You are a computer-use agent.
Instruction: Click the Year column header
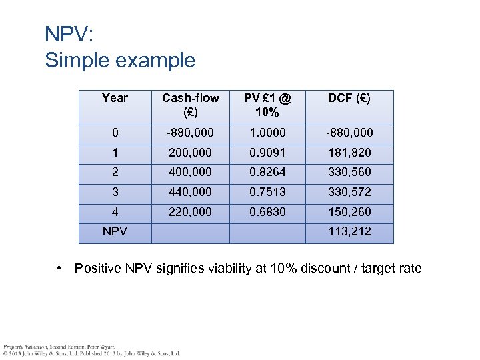[115, 98]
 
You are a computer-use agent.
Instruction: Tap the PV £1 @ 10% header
[267, 105]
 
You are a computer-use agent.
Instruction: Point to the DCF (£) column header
[349, 98]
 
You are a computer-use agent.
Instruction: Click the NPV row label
[115, 232]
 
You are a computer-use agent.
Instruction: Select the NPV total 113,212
[349, 232]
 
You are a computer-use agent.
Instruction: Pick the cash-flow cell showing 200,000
[191, 153]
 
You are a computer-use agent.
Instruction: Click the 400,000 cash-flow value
[191, 173]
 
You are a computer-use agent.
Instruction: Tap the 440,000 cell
[191, 193]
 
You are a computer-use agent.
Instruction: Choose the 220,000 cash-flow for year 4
[191, 212]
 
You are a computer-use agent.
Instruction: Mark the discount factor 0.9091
[267, 153]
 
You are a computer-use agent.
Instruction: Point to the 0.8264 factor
[267, 173]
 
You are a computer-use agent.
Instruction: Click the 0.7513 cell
[267, 193]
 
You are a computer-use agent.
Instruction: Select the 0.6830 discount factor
[267, 212]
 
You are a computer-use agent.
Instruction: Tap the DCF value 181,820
[349, 153]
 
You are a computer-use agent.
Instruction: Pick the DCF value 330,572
[349, 193]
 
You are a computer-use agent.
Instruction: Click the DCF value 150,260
[349, 212]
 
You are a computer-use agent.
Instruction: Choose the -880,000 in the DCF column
[349, 133]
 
